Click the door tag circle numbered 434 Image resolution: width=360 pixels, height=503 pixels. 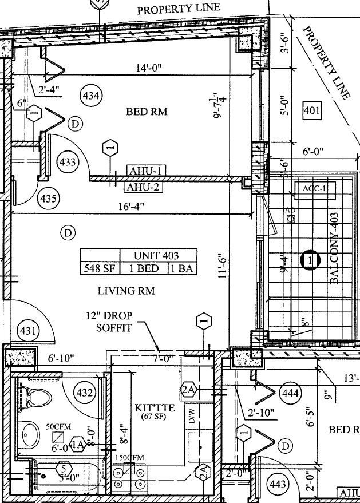[91, 94]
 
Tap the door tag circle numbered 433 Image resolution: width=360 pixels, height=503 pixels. [68, 162]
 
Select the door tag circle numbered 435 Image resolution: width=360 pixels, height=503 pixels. [48, 199]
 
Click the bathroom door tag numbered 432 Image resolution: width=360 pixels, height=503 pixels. [85, 393]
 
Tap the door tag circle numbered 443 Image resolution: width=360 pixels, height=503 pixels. [277, 485]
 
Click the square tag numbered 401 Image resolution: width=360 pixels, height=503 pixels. [312, 110]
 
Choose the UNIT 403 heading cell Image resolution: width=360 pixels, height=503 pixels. [157, 255]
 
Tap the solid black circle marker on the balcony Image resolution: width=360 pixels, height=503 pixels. [309, 260]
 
